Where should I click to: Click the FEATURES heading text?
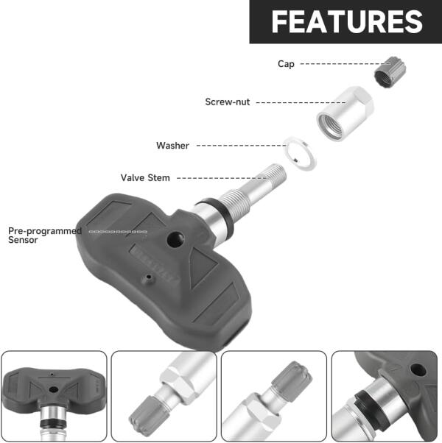(347, 22)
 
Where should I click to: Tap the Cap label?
(286, 64)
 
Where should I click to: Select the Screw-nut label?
(228, 102)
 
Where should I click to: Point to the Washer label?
(172, 146)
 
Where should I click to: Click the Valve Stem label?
(145, 177)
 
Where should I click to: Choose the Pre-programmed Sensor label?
(45, 235)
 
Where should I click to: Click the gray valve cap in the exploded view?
(390, 72)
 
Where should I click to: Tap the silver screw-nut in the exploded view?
(345, 113)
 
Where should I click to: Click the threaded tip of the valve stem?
(276, 171)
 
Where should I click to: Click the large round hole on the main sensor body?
(175, 240)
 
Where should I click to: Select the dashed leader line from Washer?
(241, 146)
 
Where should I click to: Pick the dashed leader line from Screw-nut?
(301, 102)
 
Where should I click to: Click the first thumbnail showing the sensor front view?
(54, 396)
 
